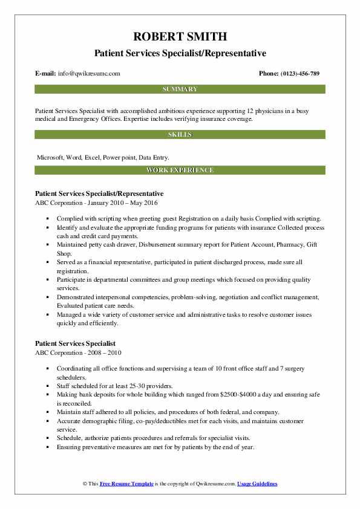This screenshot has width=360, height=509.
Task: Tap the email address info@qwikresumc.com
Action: click(89, 73)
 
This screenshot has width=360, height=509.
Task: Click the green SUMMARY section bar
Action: click(180, 89)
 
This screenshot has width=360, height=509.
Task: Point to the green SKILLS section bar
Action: click(180, 135)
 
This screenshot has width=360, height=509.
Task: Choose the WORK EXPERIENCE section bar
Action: click(180, 170)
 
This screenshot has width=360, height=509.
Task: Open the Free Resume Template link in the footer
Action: click(125, 484)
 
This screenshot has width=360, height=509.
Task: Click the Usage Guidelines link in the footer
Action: click(257, 484)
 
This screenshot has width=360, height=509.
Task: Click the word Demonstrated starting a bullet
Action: click(76, 297)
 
